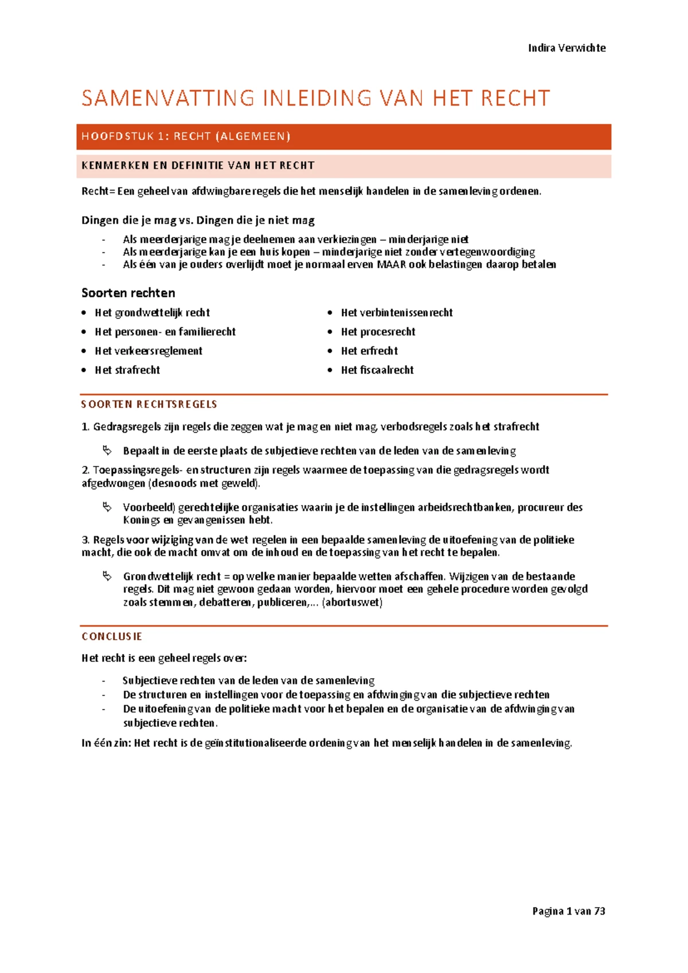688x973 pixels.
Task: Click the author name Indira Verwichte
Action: pyautogui.click(x=566, y=48)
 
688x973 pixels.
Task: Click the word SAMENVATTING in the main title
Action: pyautogui.click(x=168, y=99)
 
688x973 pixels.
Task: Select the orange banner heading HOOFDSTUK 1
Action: pyautogui.click(x=186, y=137)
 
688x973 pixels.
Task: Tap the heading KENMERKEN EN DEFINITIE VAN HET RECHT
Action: pyautogui.click(x=198, y=166)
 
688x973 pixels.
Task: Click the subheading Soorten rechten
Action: pyautogui.click(x=128, y=293)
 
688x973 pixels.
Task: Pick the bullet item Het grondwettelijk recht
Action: pyautogui.click(x=152, y=313)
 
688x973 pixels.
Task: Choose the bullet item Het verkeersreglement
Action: pyautogui.click(x=148, y=351)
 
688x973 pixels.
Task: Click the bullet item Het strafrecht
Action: pyautogui.click(x=127, y=370)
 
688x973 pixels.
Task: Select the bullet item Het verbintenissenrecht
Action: pyautogui.click(x=397, y=313)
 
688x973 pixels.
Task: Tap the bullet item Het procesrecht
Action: pyautogui.click(x=378, y=332)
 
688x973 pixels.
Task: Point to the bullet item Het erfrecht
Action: pyautogui.click(x=369, y=351)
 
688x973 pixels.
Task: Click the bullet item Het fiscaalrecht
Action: pyautogui.click(x=377, y=370)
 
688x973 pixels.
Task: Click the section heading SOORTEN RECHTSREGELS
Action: pyautogui.click(x=149, y=404)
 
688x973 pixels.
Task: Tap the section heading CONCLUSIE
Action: pyautogui.click(x=112, y=637)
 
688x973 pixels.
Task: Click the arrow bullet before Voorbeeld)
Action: pyautogui.click(x=107, y=507)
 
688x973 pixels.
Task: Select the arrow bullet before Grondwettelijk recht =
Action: pyautogui.click(x=107, y=575)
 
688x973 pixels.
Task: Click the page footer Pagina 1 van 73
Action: pyautogui.click(x=568, y=911)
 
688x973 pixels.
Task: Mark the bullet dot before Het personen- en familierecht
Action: pyautogui.click(x=84, y=332)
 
